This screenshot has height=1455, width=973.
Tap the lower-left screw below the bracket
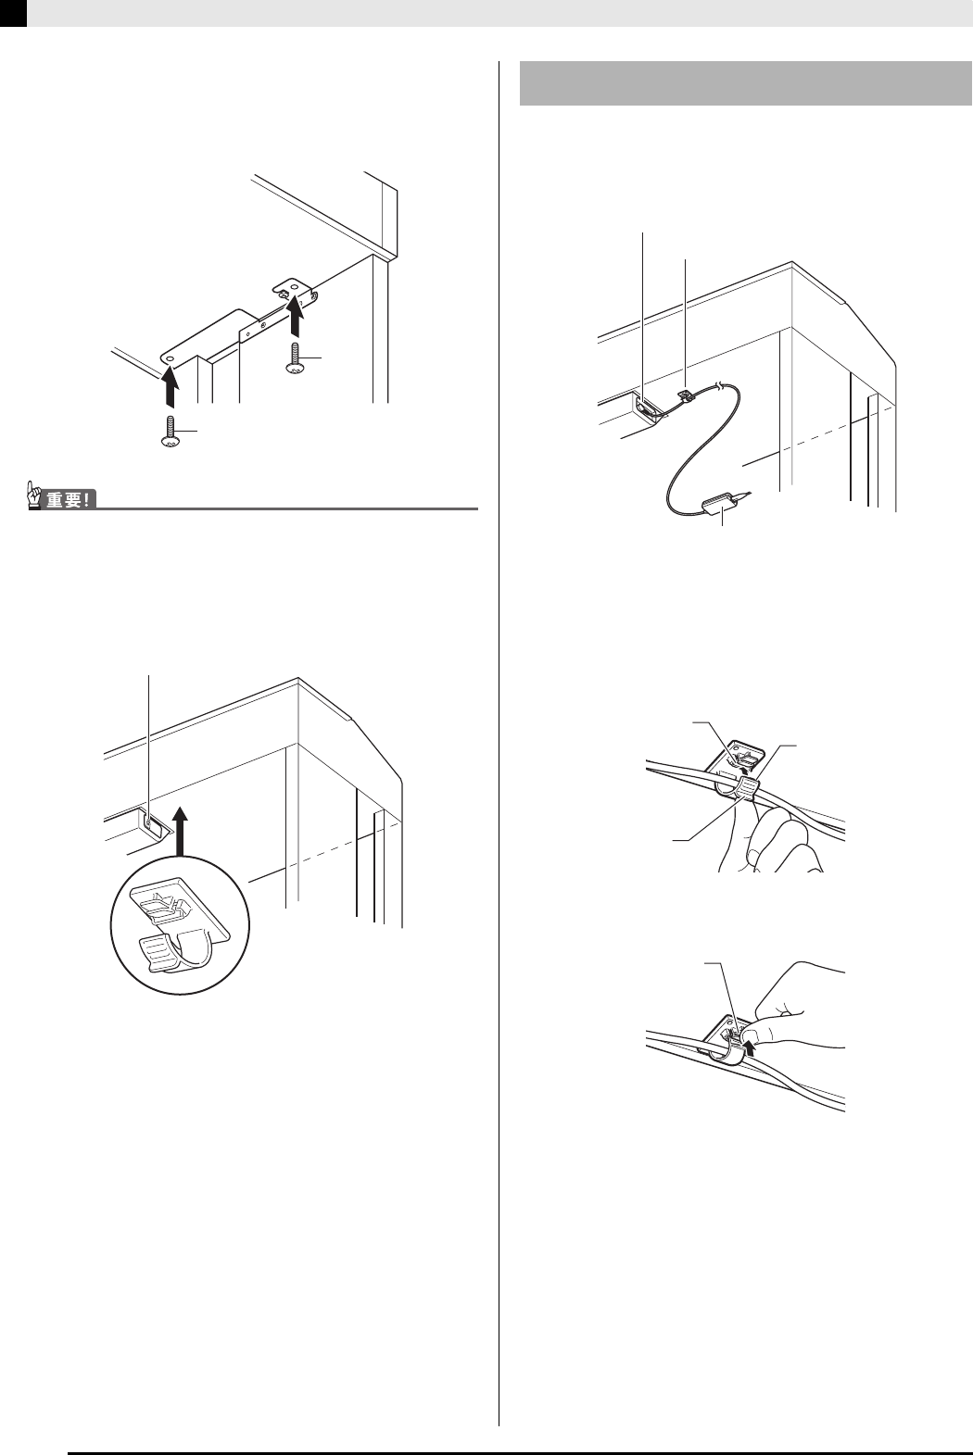(169, 432)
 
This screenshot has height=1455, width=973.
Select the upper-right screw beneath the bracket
(294, 358)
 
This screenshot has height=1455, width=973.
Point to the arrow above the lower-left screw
(170, 385)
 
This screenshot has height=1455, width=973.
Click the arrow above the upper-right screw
(296, 314)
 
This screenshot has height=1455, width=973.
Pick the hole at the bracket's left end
(171, 358)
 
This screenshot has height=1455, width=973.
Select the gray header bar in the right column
(746, 82)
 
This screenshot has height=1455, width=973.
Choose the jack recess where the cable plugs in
(647, 409)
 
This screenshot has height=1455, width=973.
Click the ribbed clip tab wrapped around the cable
(748, 790)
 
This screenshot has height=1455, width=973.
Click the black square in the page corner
(13, 13)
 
